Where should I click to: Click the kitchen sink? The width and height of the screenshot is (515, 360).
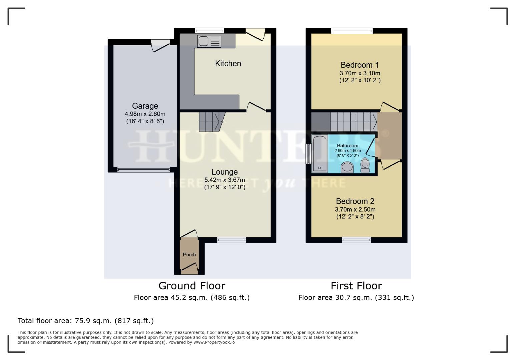209,41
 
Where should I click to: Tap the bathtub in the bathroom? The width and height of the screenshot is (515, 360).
320,154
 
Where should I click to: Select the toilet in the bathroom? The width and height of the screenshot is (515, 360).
365,165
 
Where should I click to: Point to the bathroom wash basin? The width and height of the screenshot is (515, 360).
347,167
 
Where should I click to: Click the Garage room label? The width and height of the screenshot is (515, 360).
145,106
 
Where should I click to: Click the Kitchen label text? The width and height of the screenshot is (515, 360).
228,63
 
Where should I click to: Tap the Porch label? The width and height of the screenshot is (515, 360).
189,255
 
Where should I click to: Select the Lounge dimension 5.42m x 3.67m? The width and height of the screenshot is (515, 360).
225,180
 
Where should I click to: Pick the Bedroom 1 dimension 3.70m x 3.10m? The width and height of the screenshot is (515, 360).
360,73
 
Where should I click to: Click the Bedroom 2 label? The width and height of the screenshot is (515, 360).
355,201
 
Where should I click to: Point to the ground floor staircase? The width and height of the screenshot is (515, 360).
211,121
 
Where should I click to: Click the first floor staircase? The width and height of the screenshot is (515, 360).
353,122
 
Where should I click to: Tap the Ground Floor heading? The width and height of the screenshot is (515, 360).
192,286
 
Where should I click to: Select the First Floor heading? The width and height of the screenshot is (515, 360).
356,286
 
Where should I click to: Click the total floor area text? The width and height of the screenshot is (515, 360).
86,321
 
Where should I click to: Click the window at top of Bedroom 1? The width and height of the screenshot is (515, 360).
352,31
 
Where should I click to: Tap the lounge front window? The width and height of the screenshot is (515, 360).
231,240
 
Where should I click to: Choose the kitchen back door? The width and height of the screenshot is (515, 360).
255,34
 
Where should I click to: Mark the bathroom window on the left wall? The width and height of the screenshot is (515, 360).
308,154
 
